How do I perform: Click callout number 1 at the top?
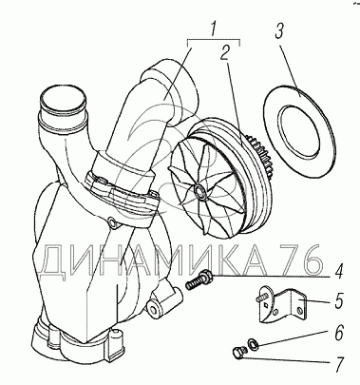[214, 29]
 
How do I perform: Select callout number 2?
[225, 52]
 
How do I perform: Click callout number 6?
[339, 334]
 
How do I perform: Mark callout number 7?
[339, 364]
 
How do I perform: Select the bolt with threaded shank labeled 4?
[199, 279]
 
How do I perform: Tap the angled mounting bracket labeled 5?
[282, 305]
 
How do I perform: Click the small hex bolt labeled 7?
[238, 353]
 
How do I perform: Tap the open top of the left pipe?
[62, 99]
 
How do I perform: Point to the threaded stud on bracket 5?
[260, 298]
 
